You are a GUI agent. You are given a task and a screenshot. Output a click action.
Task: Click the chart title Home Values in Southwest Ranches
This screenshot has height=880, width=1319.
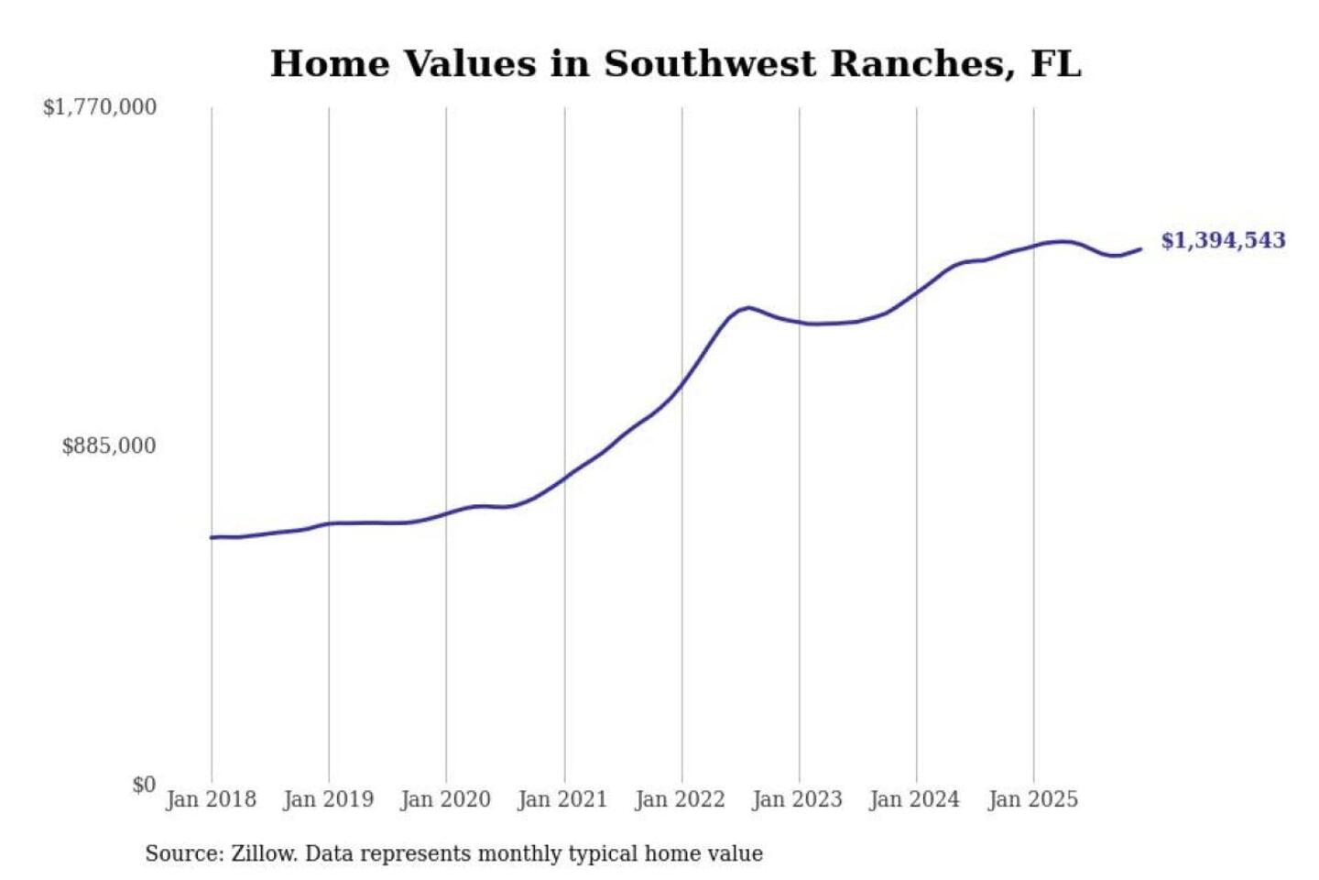[x=675, y=64]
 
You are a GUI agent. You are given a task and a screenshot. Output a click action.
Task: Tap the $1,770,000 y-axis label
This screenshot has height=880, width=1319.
[x=100, y=107]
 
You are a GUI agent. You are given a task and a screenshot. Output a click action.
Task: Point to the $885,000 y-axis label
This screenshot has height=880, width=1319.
[x=109, y=446]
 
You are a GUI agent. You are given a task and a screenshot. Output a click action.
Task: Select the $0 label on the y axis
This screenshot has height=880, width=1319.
[x=144, y=785]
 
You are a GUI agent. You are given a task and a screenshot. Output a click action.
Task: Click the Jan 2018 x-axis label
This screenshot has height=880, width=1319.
[x=212, y=799]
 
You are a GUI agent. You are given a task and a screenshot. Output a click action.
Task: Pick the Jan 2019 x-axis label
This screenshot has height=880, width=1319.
[x=329, y=799]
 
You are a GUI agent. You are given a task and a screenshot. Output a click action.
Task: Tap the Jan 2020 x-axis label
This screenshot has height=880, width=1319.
[x=446, y=799]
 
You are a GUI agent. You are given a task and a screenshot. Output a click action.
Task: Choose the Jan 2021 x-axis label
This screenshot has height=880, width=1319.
[x=563, y=799]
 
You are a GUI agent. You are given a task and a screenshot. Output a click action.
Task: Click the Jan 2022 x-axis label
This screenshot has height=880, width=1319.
[x=681, y=799]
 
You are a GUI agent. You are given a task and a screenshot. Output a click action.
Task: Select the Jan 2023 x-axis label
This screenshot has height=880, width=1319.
[x=798, y=799]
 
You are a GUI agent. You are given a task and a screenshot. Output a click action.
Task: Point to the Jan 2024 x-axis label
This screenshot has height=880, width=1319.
[x=915, y=799]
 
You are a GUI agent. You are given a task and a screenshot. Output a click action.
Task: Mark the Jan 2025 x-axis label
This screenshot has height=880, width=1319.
[x=1033, y=799]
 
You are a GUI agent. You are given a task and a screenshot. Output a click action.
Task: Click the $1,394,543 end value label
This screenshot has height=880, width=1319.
[x=1223, y=240]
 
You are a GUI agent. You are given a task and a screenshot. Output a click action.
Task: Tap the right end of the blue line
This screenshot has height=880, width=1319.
[x=1140, y=249]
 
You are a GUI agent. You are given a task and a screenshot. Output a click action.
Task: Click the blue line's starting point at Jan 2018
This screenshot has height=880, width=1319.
[x=212, y=537]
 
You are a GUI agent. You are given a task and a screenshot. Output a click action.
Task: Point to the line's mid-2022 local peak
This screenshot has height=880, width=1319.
[x=748, y=307]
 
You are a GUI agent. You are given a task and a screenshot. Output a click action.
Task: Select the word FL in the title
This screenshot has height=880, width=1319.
[x=1056, y=64]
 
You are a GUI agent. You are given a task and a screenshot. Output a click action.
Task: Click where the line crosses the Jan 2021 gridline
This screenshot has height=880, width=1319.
[x=564, y=477]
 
